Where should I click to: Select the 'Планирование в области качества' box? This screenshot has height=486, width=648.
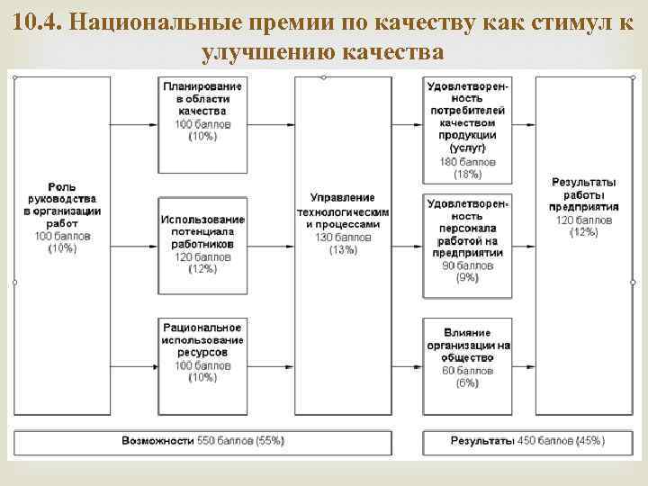tap(202, 124)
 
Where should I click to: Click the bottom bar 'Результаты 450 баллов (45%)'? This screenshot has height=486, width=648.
tap(526, 441)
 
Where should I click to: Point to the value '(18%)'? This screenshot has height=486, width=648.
tap(467, 174)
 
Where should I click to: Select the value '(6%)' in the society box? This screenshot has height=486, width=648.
tap(467, 382)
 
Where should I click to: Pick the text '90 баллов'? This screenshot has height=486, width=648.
tap(467, 266)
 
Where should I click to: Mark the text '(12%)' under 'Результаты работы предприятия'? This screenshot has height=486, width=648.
tap(583, 232)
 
